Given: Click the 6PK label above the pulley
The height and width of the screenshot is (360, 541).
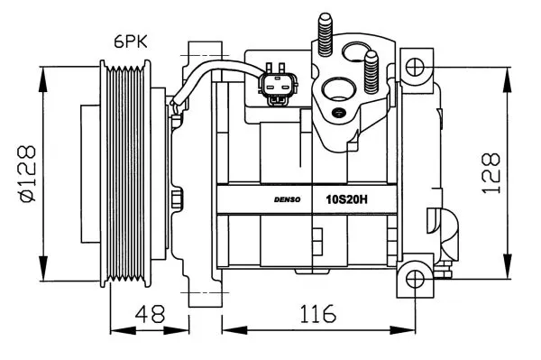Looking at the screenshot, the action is point(131,42).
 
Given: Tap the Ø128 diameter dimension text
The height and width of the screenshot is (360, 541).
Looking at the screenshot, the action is point(28,173).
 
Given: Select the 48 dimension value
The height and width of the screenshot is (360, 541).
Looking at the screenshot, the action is point(150,314).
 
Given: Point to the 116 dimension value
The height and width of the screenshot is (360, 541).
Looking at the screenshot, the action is point(317,314).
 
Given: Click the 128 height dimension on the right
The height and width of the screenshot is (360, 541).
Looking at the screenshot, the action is point(491,173).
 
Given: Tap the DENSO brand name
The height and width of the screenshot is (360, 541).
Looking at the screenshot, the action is point(287,199).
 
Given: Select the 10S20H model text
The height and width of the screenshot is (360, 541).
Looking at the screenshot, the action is point(347,199).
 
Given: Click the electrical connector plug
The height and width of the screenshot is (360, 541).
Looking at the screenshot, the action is point(278,84).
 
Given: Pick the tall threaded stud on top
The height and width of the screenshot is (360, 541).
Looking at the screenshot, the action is point(325,34).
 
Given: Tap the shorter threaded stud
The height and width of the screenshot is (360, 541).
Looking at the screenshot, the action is point(371,72).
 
